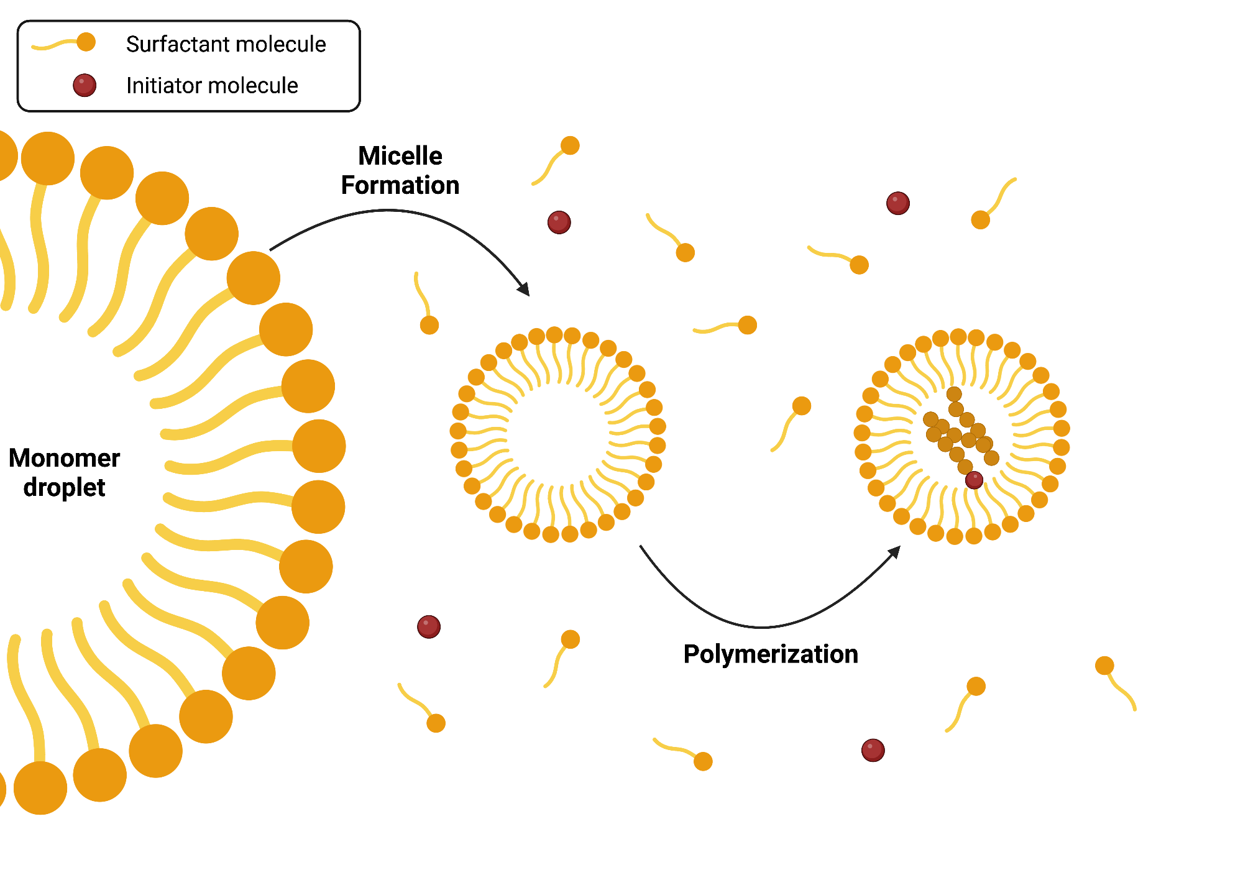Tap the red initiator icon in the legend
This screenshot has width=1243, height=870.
[85, 85]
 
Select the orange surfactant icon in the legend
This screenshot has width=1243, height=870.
[86, 42]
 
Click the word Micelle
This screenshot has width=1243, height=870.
[400, 156]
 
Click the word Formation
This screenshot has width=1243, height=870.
[400, 185]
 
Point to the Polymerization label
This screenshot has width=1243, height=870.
[771, 654]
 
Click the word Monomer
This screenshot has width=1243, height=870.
[64, 458]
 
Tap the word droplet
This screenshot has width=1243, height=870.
[64, 488]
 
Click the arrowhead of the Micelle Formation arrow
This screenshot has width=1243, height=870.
[525, 290]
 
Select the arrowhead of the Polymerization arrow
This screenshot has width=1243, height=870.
[894, 552]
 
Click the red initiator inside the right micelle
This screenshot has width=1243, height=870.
[974, 480]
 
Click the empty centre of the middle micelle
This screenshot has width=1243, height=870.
[557, 434]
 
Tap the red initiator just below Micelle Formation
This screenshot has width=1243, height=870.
[559, 222]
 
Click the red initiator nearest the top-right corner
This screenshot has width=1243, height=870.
[897, 203]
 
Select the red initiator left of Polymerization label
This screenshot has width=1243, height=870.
[429, 626]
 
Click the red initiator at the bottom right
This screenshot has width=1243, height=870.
[873, 750]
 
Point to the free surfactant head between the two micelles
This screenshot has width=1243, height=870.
[802, 406]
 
